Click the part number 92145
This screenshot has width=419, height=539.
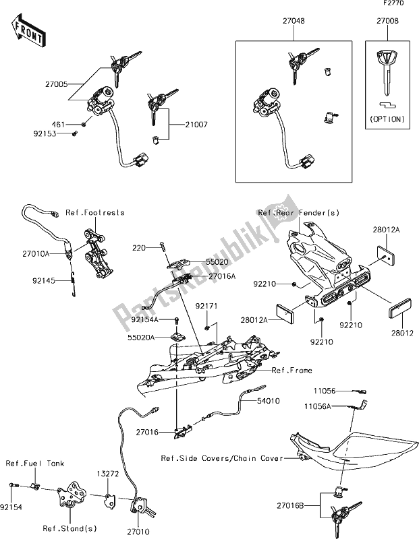[36, 276]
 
